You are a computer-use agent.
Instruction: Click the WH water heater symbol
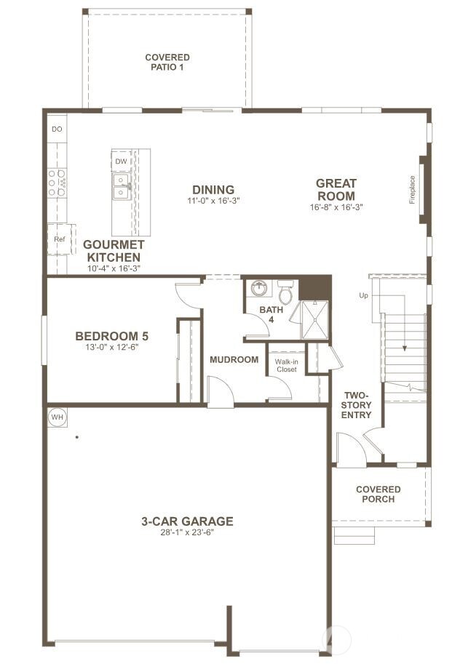(57, 417)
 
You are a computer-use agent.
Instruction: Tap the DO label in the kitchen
(57, 129)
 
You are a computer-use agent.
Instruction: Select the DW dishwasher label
(121, 161)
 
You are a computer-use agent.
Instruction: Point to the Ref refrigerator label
(59, 239)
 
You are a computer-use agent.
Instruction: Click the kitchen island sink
(121, 186)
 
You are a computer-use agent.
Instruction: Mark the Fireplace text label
(412, 189)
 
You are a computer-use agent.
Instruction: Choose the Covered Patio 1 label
(167, 62)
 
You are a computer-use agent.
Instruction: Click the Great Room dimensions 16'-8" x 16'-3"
(336, 207)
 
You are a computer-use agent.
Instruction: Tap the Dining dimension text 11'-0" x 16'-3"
(213, 201)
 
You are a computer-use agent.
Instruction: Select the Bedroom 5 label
(112, 336)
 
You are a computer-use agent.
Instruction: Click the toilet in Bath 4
(285, 294)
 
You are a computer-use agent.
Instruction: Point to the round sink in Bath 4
(258, 289)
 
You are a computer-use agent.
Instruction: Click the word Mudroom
(234, 359)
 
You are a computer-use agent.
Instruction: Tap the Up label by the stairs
(364, 295)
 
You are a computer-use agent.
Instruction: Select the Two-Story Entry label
(357, 405)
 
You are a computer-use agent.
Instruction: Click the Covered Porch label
(378, 494)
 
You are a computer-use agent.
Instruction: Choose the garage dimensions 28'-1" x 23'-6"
(187, 532)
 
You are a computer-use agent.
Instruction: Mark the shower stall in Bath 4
(314, 321)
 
